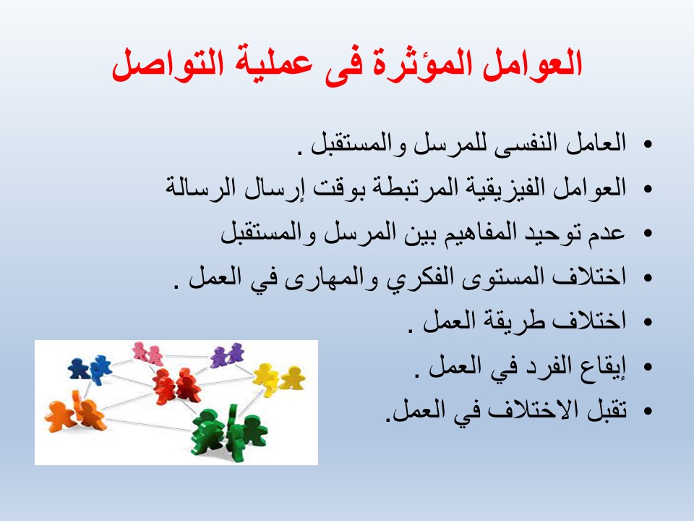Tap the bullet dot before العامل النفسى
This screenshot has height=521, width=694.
(x=648, y=145)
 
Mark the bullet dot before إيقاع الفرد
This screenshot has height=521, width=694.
(x=648, y=367)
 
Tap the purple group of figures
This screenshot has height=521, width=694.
(x=227, y=355)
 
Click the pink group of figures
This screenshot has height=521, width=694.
(x=147, y=354)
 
